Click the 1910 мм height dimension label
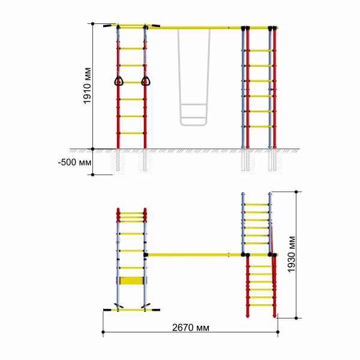[87, 86]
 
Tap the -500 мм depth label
[74, 163]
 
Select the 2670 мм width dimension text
[191, 328]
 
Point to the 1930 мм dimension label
[292, 254]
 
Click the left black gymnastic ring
[119, 81]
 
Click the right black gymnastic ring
[146, 81]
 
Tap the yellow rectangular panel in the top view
[131, 281]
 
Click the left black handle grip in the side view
[110, 25]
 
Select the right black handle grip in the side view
[155, 25]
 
